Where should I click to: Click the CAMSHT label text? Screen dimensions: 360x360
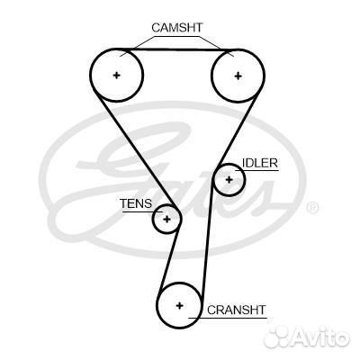(177, 28)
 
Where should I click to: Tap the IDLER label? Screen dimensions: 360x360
(260, 163)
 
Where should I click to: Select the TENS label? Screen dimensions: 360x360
(136, 203)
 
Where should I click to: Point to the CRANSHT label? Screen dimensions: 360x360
(237, 310)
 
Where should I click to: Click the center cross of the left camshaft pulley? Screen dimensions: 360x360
(116, 75)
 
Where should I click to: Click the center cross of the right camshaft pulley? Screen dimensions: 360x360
(238, 76)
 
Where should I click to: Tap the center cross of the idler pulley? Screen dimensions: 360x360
(229, 180)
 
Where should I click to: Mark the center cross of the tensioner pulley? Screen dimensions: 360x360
(166, 219)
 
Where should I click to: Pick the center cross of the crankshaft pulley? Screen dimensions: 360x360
(179, 305)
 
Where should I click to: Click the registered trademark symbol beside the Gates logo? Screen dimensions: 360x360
(313, 208)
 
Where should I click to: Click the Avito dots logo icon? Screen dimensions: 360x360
(276, 338)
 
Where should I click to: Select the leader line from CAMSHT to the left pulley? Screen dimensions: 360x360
(138, 46)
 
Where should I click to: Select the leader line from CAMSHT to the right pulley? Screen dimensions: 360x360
(215, 46)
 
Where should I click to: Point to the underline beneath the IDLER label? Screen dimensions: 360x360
(257, 171)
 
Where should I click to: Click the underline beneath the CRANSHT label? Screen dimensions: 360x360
(228, 318)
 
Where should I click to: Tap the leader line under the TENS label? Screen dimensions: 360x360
(142, 211)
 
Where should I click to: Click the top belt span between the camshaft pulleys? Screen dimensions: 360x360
(177, 49)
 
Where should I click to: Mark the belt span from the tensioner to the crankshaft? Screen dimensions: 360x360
(170, 258)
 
